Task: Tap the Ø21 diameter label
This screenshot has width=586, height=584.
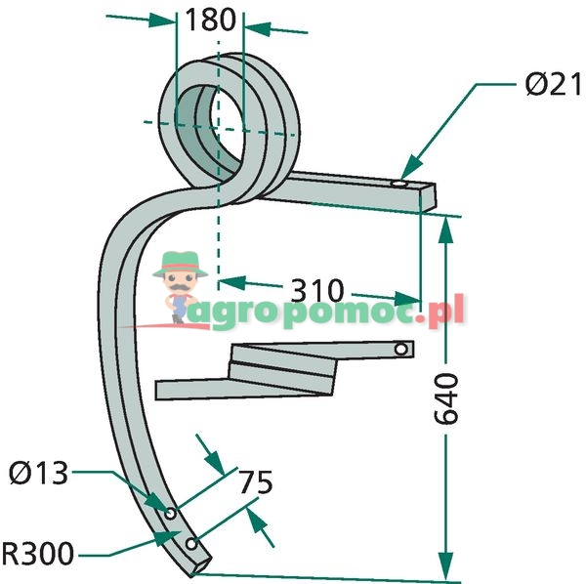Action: [x=544, y=86]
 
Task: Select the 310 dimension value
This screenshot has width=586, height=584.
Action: [x=316, y=290]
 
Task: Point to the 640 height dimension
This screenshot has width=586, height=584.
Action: [x=444, y=399]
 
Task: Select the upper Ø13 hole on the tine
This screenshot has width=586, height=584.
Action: [x=170, y=512]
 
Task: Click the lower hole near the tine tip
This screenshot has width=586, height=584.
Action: [x=191, y=543]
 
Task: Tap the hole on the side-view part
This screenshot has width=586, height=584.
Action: [x=400, y=349]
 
